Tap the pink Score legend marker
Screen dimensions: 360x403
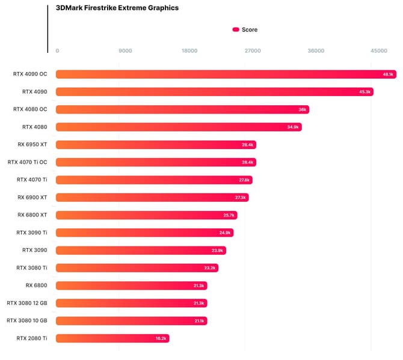(x=236, y=29)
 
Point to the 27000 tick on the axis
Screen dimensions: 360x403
(x=253, y=51)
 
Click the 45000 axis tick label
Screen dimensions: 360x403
(x=379, y=51)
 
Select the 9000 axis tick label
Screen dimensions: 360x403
(x=125, y=51)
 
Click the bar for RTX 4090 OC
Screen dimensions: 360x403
(x=226, y=75)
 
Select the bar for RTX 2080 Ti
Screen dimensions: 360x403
(x=112, y=338)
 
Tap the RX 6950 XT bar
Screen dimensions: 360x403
(x=156, y=145)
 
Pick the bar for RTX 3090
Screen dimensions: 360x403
(x=141, y=251)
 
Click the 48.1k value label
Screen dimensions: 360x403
(x=388, y=75)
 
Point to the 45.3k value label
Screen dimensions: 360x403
(x=365, y=92)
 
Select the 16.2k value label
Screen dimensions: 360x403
(x=161, y=339)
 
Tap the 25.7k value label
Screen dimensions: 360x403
(x=229, y=215)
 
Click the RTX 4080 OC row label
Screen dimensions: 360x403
(x=30, y=109)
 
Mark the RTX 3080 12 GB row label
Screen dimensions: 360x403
(x=27, y=303)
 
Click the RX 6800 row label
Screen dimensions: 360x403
(x=36, y=285)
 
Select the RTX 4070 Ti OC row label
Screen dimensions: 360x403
(x=28, y=162)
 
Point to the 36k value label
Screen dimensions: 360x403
(x=303, y=110)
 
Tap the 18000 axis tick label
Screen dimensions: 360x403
(x=189, y=51)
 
